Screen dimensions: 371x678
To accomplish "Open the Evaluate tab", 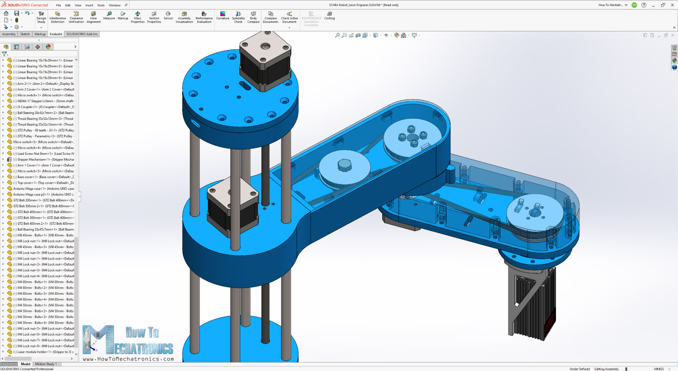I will coord(56,34).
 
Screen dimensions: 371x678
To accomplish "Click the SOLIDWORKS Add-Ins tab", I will coord(82,34).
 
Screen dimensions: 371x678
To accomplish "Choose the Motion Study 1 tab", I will coord(45,364).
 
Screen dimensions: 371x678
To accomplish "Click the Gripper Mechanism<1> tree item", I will coord(42,159).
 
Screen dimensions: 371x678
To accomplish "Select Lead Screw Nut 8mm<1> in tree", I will coord(42,153).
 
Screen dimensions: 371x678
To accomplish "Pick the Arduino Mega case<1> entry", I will coord(42,189).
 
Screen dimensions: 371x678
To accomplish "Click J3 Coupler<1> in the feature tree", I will coord(42,107).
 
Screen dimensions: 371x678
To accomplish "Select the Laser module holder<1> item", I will coord(42,352).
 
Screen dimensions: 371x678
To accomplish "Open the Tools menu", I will coord(101,5).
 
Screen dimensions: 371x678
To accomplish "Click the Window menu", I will coord(114,5).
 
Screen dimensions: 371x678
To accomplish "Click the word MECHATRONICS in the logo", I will coord(144,349).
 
